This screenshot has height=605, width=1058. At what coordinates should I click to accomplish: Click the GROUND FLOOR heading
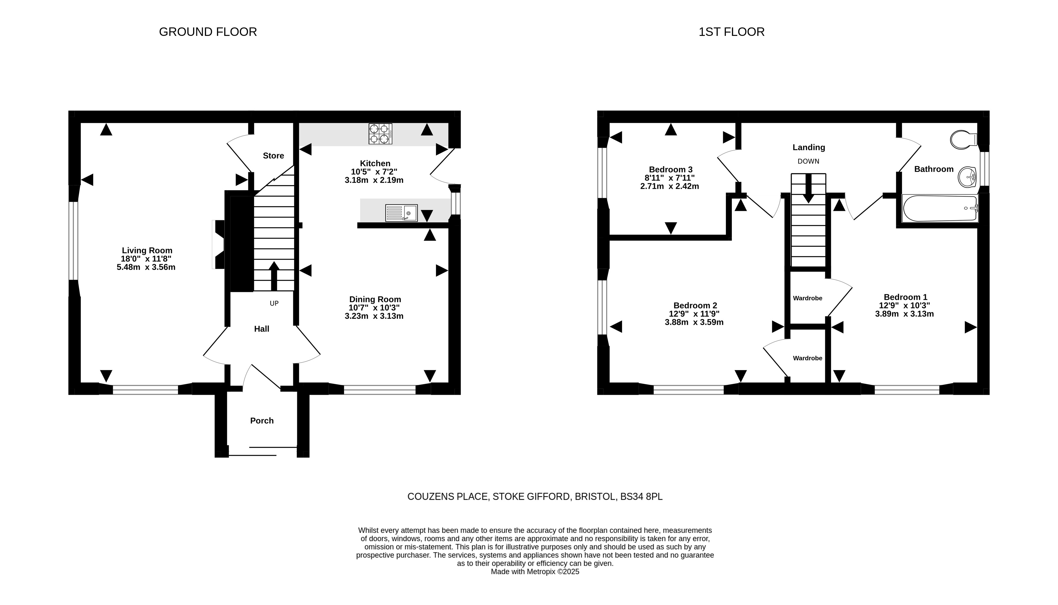click(208, 32)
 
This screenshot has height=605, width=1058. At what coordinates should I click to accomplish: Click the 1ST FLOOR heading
click(731, 32)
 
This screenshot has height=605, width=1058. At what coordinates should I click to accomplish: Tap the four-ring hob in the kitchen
click(380, 134)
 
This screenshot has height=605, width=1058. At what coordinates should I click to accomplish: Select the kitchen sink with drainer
click(402, 213)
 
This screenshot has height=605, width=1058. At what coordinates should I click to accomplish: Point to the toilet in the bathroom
click(964, 140)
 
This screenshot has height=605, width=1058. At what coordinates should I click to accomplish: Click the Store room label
click(273, 156)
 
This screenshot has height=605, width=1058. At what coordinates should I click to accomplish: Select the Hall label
click(262, 329)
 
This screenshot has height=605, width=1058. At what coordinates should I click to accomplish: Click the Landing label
click(809, 147)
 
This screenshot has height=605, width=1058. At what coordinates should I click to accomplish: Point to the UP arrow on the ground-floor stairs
click(274, 276)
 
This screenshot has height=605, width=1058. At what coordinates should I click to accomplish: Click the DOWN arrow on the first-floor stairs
click(808, 188)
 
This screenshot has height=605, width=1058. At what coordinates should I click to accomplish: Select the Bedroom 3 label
click(671, 169)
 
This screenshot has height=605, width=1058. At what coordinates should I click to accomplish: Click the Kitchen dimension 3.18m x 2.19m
click(374, 180)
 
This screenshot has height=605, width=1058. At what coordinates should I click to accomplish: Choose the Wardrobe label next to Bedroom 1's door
click(807, 298)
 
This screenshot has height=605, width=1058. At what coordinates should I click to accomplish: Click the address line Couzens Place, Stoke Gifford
click(535, 496)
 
